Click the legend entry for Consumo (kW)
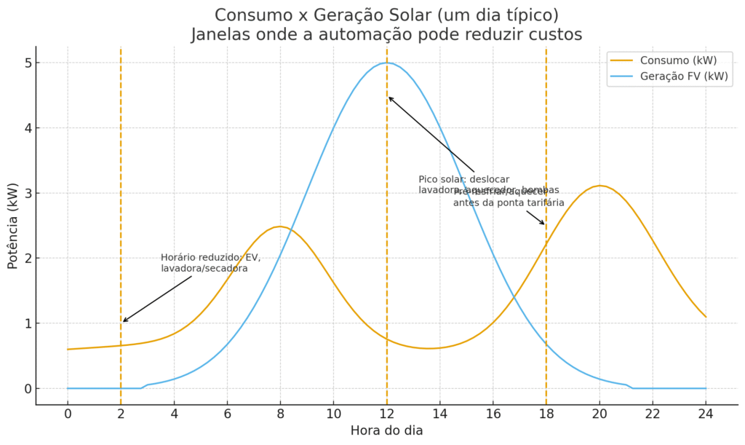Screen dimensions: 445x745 (x=674, y=60)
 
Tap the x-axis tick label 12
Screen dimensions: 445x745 (x=386, y=412)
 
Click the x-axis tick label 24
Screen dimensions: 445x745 (x=705, y=412)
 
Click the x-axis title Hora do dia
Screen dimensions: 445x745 (x=386, y=430)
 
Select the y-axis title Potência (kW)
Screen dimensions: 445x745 (x=12, y=226)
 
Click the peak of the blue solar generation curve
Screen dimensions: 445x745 (x=386, y=63)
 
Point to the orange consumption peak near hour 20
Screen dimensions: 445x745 (x=599, y=186)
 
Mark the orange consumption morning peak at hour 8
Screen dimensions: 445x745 (x=280, y=227)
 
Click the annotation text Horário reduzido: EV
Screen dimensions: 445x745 (x=210, y=257)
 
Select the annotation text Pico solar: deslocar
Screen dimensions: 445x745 (x=464, y=179)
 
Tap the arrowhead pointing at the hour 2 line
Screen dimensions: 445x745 (x=124, y=321)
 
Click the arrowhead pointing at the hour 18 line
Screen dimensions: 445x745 (x=543, y=224)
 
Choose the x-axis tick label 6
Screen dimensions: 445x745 (x=227, y=412)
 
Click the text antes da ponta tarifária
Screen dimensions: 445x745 (x=509, y=202)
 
